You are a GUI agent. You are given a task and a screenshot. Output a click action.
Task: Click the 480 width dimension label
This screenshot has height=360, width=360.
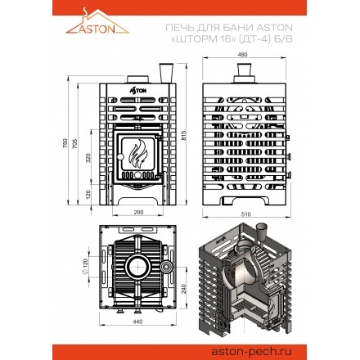[x=243, y=55]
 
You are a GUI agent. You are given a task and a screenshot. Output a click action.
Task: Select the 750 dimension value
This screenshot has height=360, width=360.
[x=65, y=143]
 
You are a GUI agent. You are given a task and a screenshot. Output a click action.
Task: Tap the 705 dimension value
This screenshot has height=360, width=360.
[x=75, y=144]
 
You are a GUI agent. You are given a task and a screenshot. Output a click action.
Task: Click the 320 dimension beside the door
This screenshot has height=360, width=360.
[x=88, y=158]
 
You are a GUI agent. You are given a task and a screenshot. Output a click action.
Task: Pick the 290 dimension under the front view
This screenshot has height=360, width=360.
[x=138, y=212]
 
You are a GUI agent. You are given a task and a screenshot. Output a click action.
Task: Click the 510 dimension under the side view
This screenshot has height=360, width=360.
[x=245, y=214]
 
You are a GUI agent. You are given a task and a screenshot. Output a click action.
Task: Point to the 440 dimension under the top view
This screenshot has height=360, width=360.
[x=137, y=322]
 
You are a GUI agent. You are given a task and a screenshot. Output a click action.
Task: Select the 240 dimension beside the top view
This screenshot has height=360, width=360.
[x=184, y=289]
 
